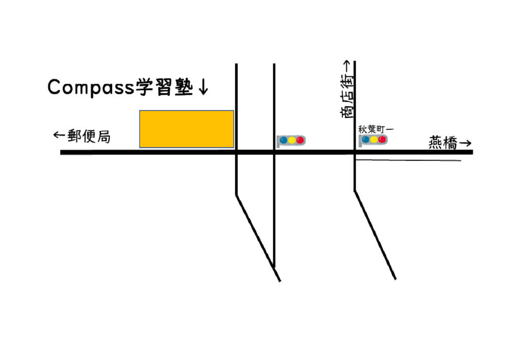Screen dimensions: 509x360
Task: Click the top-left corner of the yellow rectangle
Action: (139, 110)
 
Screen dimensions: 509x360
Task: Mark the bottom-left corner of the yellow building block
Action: (139, 148)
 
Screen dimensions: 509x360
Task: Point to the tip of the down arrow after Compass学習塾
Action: (204, 95)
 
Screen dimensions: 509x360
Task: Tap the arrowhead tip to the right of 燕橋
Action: (471, 143)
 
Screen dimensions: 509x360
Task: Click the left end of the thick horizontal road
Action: (61, 152)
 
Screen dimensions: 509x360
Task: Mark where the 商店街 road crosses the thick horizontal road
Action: (354, 152)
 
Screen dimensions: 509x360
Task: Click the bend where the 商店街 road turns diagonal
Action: (354, 191)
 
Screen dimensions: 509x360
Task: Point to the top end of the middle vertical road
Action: (274, 64)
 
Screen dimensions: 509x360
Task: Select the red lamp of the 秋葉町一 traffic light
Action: (382, 140)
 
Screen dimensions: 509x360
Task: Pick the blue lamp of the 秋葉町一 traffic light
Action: (366, 140)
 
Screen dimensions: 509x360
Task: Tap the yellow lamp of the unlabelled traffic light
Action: (292, 140)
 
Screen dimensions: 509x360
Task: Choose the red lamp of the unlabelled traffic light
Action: (300, 140)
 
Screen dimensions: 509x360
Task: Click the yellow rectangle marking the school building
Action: (187, 129)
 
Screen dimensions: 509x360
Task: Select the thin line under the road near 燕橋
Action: (408, 160)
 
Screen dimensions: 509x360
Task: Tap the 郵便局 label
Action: (89, 136)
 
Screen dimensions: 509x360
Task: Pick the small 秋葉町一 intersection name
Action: (376, 129)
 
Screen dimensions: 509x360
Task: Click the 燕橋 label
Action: (443, 143)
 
